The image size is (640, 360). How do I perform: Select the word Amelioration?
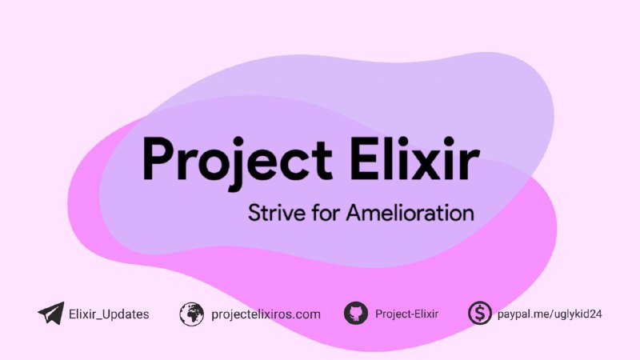410,213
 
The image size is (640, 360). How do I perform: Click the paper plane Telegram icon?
51,314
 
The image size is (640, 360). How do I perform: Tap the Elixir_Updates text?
109,314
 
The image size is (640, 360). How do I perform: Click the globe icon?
191,314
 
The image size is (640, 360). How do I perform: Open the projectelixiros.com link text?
266,314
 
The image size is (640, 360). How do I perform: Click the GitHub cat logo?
355,314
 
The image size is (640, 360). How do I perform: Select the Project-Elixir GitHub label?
406,314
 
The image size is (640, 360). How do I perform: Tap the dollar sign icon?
479,313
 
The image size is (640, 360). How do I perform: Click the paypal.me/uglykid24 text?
550,314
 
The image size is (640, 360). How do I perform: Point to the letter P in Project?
159,158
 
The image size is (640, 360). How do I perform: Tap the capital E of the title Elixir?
365,158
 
